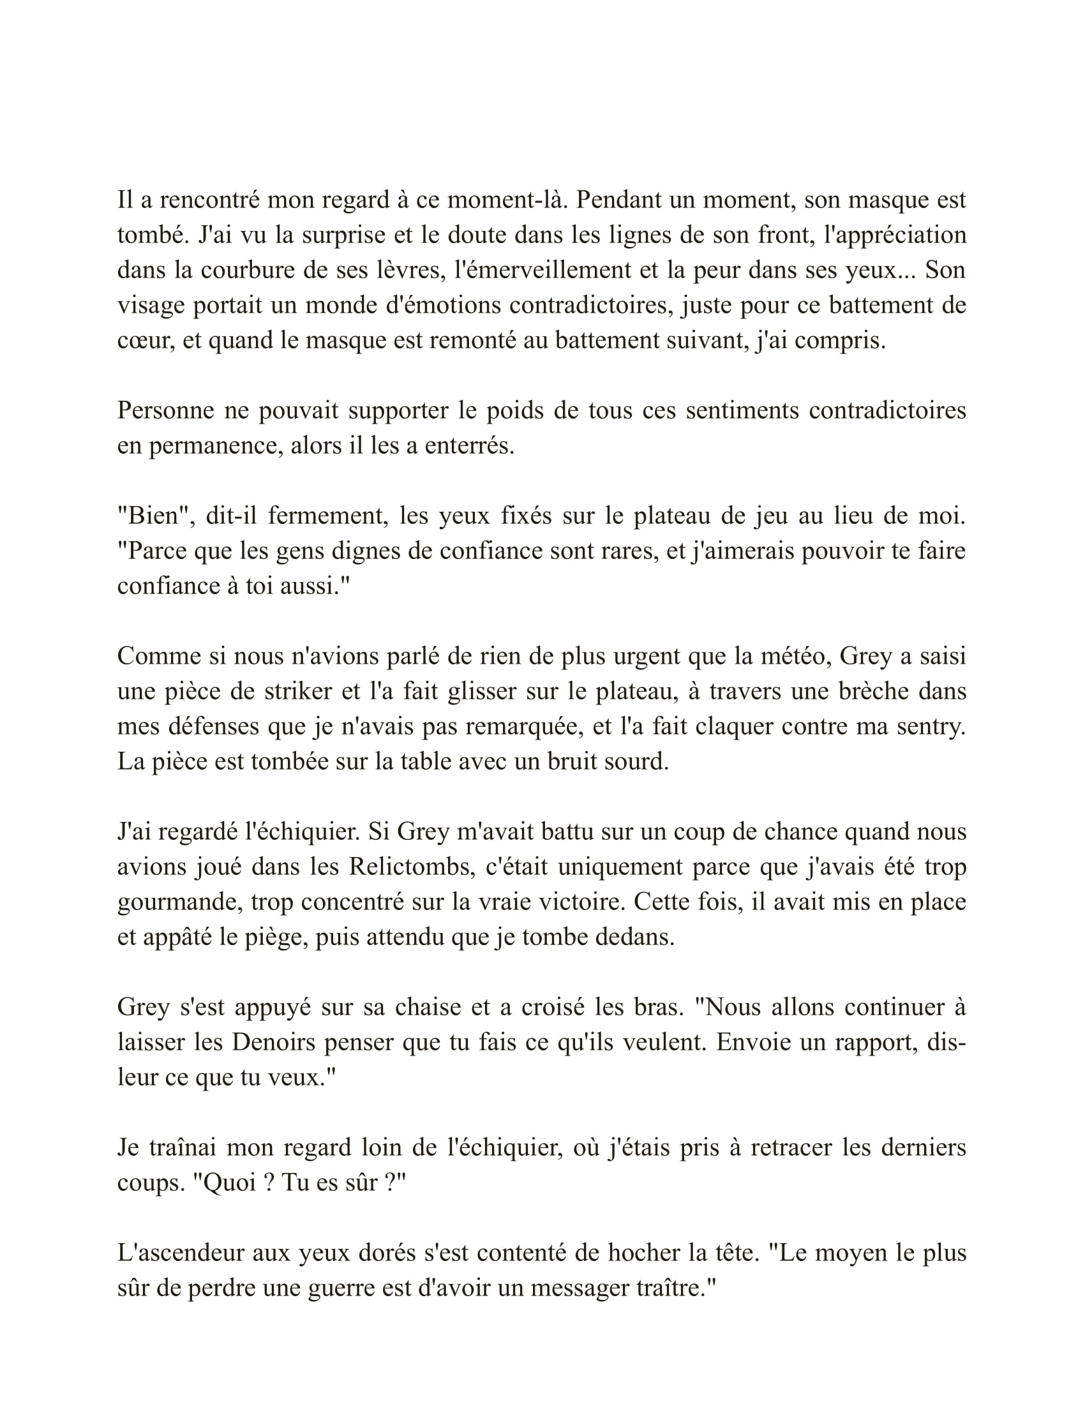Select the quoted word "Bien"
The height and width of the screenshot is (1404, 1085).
click(x=153, y=516)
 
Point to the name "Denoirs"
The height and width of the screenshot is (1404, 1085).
click(x=273, y=1042)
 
